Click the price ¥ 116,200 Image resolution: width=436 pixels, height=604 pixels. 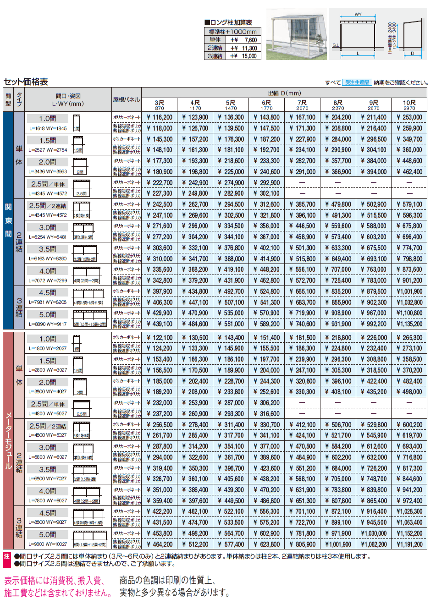click(x=160, y=117)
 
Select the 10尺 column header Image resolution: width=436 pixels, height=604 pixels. click(x=409, y=104)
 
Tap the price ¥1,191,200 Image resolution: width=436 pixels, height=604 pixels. click(x=409, y=544)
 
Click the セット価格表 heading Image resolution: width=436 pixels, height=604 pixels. click(x=26, y=82)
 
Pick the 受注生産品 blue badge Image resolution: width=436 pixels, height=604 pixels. click(x=357, y=82)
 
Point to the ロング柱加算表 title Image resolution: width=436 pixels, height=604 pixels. click(x=228, y=22)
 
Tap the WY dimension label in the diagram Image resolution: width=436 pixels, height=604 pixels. click(x=358, y=15)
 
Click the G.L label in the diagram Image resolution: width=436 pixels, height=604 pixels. click(x=335, y=45)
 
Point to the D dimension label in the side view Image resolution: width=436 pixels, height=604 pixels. click(x=412, y=54)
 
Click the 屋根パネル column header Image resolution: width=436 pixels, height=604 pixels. click(x=126, y=99)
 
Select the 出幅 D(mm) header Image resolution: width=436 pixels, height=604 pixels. click(x=284, y=93)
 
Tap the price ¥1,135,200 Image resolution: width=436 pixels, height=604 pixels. click(x=409, y=324)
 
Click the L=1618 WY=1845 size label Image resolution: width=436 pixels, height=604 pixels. click(x=48, y=129)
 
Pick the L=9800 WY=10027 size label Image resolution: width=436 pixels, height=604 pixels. click(x=48, y=544)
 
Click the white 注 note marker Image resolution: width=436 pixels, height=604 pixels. click(x=7, y=556)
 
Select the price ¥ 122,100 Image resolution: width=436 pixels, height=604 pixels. click(x=160, y=338)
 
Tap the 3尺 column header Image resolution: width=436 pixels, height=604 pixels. click(x=159, y=104)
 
